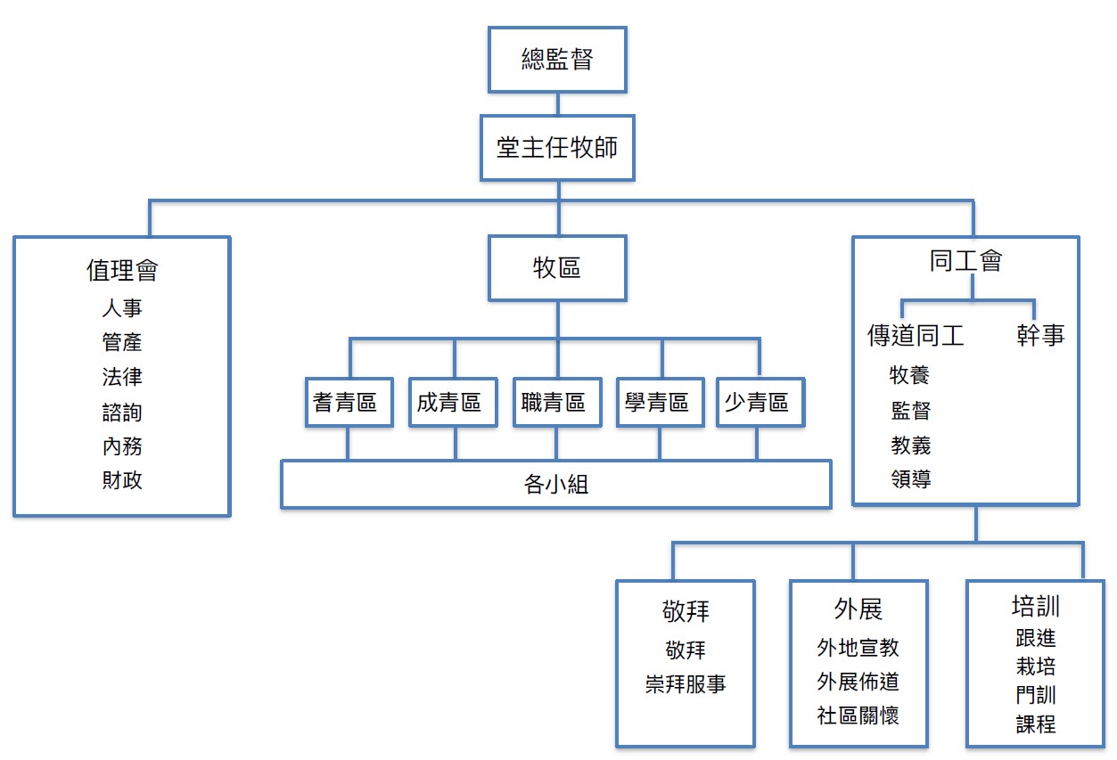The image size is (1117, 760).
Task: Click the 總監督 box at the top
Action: [557, 59]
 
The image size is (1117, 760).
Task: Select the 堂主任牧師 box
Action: [557, 147]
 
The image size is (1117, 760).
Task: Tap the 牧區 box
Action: [557, 267]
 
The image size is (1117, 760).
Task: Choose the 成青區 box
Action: [453, 403]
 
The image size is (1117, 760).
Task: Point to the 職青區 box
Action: [556, 403]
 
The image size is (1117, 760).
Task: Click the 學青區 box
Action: [660, 403]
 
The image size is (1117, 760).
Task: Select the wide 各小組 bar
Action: [556, 485]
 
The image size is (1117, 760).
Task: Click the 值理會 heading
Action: [122, 270]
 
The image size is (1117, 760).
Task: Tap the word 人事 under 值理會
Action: [122, 308]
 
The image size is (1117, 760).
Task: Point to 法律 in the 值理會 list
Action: [122, 377]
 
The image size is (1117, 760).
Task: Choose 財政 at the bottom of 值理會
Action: [122, 481]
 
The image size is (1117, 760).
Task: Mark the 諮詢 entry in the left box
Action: [122, 413]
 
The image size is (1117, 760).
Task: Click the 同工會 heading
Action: [965, 261]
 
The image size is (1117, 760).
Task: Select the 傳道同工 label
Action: [916, 336]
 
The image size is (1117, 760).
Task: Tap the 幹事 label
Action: [1040, 336]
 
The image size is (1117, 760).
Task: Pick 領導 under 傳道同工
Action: [910, 479]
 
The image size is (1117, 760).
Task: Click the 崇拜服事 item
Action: [686, 684]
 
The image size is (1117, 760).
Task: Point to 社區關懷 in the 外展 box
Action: [858, 715]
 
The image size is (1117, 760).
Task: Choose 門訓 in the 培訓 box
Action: [1035, 695]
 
